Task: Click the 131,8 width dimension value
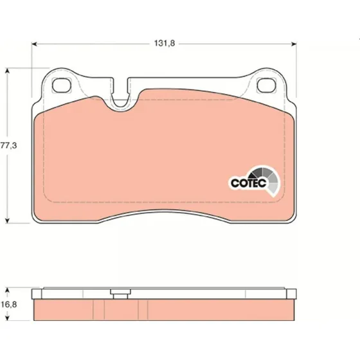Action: pos(165,43)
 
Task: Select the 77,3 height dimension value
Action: pos(9,145)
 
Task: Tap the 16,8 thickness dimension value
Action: pos(9,305)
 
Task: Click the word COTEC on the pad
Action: pos(248,183)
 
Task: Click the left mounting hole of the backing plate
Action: pos(62,85)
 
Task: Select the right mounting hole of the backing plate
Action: pos(266,85)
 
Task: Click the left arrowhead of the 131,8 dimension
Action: pos(34,44)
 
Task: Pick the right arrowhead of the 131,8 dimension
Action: pos(294,44)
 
